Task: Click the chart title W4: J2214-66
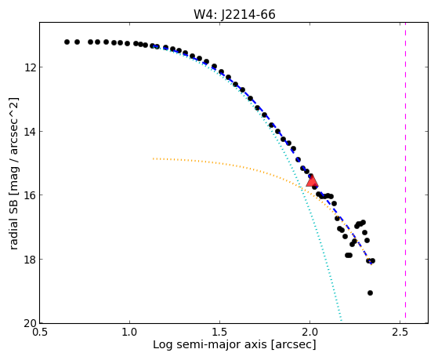point(234,14)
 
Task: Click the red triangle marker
point(312,181)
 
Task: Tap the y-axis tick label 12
point(31,67)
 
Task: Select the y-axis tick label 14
point(31,131)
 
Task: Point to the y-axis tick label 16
point(31,195)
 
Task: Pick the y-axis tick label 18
point(31,259)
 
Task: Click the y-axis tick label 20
point(31,323)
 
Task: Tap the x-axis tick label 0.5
point(40,333)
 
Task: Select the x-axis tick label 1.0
point(129,333)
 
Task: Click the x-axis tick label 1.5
point(220,333)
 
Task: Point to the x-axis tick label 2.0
point(309,333)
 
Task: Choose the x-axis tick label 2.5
point(400,333)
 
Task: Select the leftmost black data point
point(67,42)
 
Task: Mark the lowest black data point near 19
point(370,293)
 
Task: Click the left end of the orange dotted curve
point(153,158)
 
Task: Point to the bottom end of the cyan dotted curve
point(341,321)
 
